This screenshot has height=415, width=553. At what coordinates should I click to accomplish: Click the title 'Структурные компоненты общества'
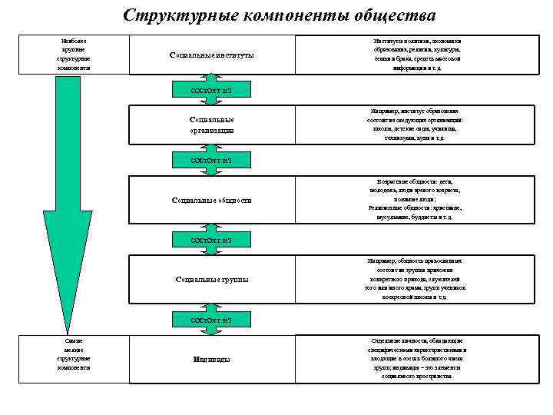pos(279,15)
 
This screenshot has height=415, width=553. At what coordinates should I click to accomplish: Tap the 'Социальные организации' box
pos(211,125)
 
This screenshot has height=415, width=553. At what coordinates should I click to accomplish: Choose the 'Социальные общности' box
pos(211,200)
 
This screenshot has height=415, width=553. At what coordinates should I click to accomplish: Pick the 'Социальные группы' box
pos(211,279)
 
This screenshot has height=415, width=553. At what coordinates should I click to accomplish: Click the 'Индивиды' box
pos(211,359)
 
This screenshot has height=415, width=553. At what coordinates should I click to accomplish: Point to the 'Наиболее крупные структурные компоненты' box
pos(73,54)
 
